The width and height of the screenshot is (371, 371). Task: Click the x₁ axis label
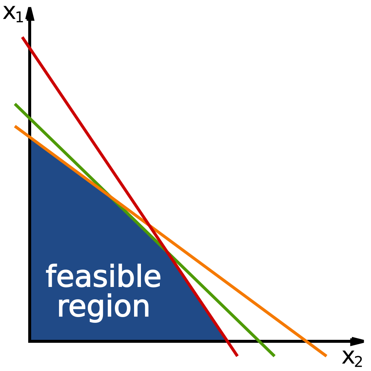13,14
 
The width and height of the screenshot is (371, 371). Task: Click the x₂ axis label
352,358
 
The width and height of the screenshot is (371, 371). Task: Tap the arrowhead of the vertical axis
30,14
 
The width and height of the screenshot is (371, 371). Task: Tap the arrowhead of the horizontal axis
357,341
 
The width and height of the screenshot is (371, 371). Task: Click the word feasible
103,276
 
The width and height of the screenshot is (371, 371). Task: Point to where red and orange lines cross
149,225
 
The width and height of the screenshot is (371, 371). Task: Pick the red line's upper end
22,37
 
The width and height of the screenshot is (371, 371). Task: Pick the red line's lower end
237,356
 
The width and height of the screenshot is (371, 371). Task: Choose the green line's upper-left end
15,104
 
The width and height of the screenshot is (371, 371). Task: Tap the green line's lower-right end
275,356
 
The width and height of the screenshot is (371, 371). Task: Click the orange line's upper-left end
15,126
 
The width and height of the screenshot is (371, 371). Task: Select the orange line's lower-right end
326,356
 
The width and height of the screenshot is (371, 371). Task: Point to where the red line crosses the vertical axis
30,48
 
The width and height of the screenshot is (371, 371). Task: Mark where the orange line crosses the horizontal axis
307,341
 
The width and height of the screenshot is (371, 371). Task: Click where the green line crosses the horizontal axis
259,341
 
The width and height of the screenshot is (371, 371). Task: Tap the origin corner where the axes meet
30,341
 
